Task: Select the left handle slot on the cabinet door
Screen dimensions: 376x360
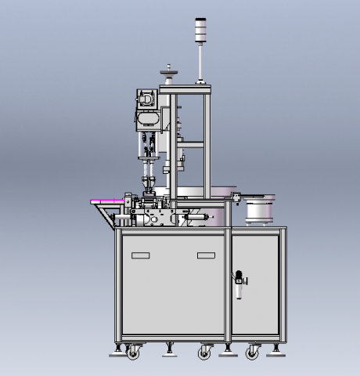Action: tap(141, 256)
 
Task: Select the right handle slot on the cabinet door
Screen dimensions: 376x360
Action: tap(206, 256)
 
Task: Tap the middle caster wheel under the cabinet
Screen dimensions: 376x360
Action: tap(204, 352)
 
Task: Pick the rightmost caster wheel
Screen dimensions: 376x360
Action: tap(252, 352)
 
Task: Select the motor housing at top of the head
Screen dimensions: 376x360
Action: tap(146, 99)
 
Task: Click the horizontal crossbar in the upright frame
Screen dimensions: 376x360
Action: tap(191, 143)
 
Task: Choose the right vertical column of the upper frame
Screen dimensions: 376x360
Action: tap(207, 141)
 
